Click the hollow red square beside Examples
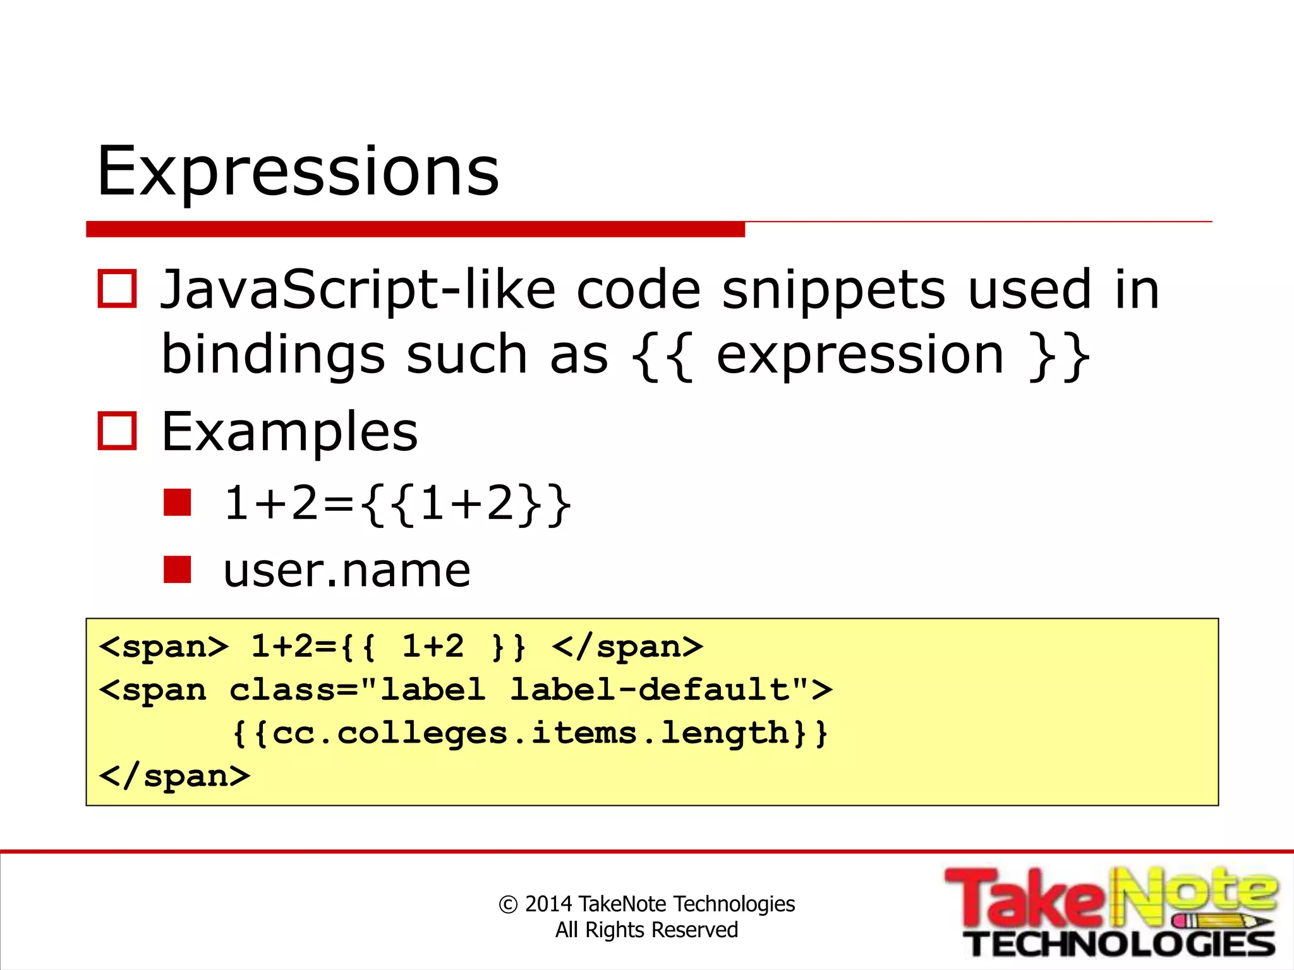click(x=117, y=431)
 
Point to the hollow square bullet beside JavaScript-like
click(x=117, y=289)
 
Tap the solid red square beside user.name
click(x=177, y=569)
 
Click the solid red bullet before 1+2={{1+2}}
click(x=177, y=503)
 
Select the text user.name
click(x=347, y=570)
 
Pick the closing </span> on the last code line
click(x=174, y=776)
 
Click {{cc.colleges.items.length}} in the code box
click(x=529, y=734)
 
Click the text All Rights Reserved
click(x=646, y=930)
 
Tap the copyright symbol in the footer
click(x=508, y=905)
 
